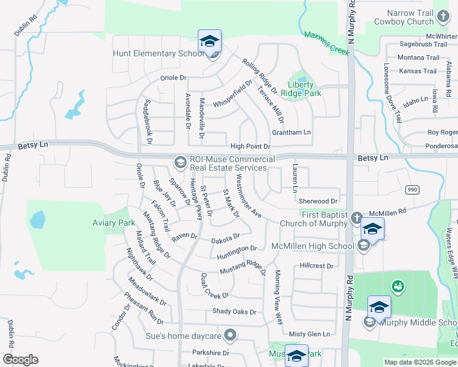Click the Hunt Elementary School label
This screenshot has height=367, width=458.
pyautogui.click(x=158, y=53)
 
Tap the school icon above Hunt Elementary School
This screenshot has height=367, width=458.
pyautogui.click(x=209, y=41)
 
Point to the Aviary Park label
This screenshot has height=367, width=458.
pyautogui.click(x=114, y=223)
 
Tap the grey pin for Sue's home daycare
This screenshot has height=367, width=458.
pyautogui.click(x=230, y=335)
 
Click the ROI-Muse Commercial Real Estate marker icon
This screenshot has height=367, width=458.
pyautogui.click(x=180, y=162)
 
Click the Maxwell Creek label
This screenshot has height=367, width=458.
pyautogui.click(x=327, y=43)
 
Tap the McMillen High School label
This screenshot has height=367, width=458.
pyautogui.click(x=312, y=246)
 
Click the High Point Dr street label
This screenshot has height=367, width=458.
pyautogui.click(x=250, y=147)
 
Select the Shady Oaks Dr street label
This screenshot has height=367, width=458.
pyautogui.click(x=234, y=311)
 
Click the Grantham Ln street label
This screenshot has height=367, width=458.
pyautogui.click(x=292, y=132)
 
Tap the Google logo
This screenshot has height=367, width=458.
pyautogui.click(x=20, y=360)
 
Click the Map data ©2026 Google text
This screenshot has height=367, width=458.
pyautogui.click(x=420, y=362)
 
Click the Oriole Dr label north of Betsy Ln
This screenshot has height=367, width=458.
pyautogui.click(x=173, y=78)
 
